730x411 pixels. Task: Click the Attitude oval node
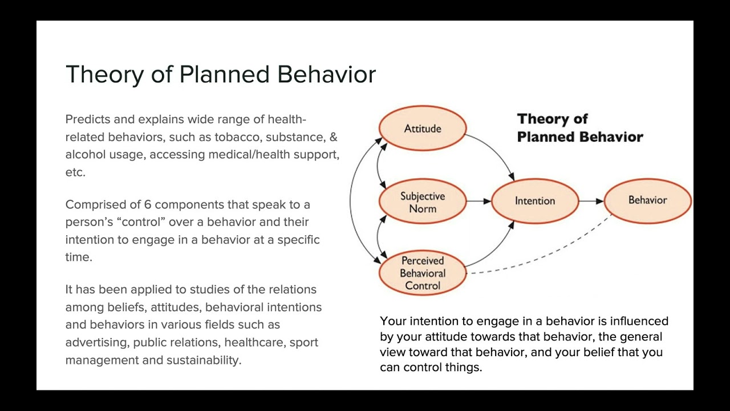[x=423, y=128]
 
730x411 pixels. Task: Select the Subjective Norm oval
[x=423, y=202]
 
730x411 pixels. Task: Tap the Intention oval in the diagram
[x=534, y=201]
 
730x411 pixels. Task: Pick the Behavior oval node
[x=647, y=200]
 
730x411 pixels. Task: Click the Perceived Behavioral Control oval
[x=423, y=273]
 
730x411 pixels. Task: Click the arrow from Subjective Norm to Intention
[x=478, y=201]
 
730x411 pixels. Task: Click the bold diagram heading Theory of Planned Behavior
[x=579, y=128]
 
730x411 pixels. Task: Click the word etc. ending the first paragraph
[x=75, y=172]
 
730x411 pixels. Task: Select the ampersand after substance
[x=334, y=137]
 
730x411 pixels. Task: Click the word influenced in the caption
[x=640, y=321]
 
